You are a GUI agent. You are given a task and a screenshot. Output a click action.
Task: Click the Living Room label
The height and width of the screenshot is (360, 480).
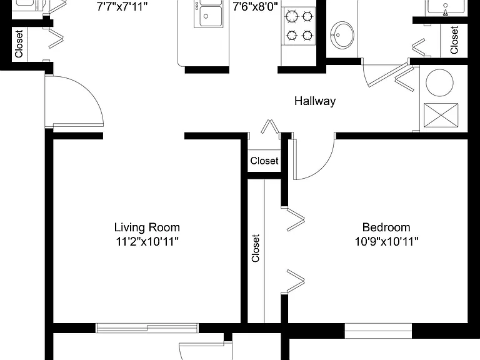coord(147,227)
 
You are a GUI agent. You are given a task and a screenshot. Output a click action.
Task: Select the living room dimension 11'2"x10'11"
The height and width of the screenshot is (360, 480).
coord(147,241)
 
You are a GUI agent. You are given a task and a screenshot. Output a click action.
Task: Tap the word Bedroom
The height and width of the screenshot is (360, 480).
coord(386,227)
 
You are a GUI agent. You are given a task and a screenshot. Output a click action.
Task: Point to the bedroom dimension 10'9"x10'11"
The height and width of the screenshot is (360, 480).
coord(386,241)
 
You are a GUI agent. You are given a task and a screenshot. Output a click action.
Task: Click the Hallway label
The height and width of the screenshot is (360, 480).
coord(315,101)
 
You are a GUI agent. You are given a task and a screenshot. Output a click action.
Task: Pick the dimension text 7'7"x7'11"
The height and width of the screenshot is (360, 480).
coord(122,6)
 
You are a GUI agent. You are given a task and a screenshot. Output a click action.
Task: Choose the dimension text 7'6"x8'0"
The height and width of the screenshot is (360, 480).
coord(255,6)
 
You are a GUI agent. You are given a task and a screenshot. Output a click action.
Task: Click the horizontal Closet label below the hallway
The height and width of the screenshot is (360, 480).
coord(264,161)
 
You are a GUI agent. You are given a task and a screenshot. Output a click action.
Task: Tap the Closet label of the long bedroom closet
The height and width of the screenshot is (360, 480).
coord(256,248)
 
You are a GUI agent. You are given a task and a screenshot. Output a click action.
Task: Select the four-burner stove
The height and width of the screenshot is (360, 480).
coord(299,26)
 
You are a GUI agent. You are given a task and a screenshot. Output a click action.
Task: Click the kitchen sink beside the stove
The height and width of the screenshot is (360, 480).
coord(208,14)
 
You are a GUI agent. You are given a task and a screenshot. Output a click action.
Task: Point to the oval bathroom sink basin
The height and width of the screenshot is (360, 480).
coord(342,35)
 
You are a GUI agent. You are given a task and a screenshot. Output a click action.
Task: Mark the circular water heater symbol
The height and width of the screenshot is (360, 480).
coord(439,82)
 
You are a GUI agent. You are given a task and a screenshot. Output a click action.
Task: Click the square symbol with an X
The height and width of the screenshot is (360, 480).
coord(441,115)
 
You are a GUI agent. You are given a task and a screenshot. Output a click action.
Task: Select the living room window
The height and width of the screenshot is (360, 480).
coord(147,328)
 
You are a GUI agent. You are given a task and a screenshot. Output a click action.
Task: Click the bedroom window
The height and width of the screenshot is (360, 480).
coord(378,331)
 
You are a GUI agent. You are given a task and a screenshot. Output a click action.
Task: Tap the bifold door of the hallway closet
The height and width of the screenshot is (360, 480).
coord(269,127)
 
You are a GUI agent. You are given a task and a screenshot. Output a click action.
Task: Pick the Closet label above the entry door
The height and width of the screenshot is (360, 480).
coord(19,44)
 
